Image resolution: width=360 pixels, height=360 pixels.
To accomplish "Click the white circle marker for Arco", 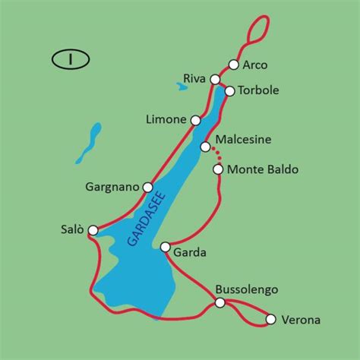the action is (234, 65).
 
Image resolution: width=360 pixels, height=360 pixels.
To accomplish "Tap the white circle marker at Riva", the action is (216, 79).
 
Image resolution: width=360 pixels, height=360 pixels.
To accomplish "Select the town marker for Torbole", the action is (229, 90).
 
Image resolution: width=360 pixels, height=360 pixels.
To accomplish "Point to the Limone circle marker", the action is (196, 120).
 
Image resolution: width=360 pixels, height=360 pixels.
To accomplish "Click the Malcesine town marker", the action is (205, 147).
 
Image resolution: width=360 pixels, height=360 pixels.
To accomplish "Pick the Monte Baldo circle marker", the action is (218, 169).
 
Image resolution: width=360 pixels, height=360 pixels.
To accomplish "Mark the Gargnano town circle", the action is (148, 187).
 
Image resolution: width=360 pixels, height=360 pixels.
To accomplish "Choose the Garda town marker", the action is (166, 246).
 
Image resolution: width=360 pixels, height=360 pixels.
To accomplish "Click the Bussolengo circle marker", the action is (220, 302).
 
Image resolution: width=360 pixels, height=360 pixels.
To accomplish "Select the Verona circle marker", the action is (270, 321).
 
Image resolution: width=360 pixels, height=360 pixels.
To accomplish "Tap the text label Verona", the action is (301, 321).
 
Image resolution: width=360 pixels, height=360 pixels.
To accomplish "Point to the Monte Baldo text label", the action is (263, 169).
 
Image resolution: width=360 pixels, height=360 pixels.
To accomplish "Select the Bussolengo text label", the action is (247, 289).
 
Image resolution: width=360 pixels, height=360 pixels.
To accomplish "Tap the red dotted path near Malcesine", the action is (216, 155).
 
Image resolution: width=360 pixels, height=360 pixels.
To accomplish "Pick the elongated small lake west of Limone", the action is (89, 143).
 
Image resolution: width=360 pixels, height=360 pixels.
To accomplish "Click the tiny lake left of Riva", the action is (182, 87).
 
